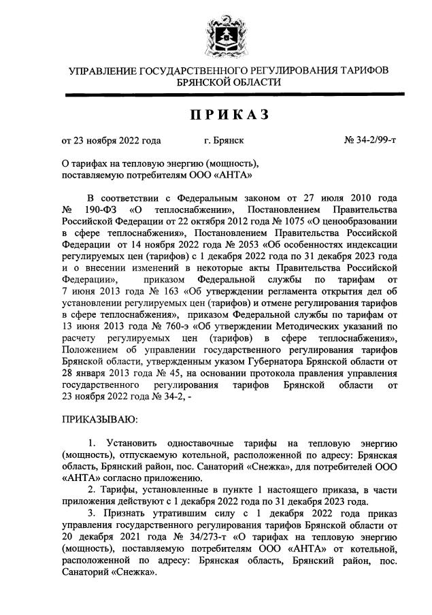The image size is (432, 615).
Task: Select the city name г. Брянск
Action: (x=224, y=142)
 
